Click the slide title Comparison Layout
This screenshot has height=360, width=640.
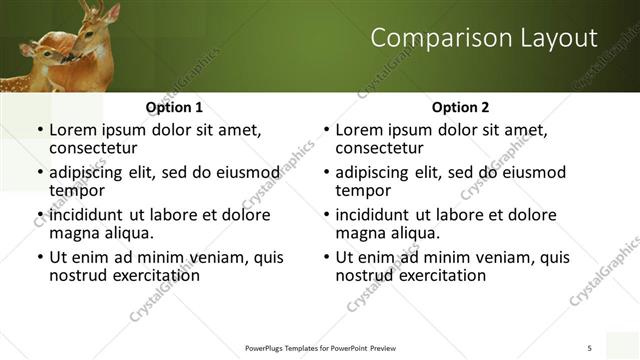coord(484,39)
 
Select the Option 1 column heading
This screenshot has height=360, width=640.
coord(174,107)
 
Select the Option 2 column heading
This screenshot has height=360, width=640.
coord(460,107)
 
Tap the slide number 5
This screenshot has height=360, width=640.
coord(589,347)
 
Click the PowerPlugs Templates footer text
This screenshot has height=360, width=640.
coord(320,348)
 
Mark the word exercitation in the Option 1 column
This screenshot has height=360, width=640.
coord(150,275)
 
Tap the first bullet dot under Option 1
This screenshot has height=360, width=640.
coord(39,131)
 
